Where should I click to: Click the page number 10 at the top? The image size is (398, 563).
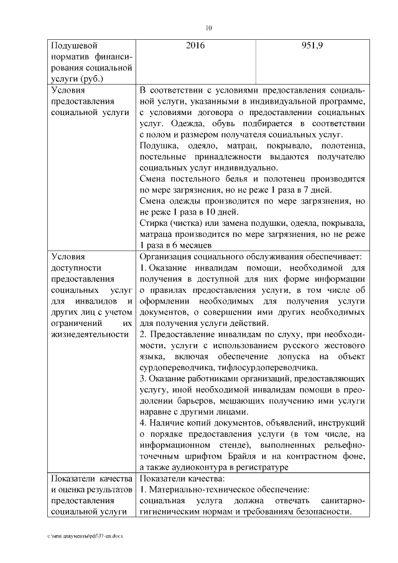[208, 27]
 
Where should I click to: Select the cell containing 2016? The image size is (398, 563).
[195, 46]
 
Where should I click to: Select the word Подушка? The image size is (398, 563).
[159, 146]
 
